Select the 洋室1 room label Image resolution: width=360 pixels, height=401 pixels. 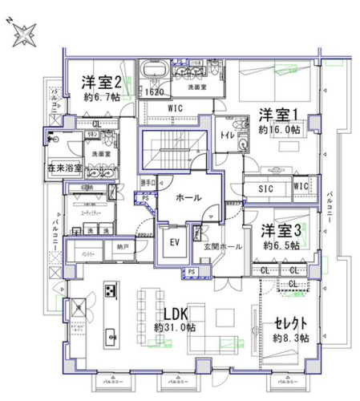tap(277, 114)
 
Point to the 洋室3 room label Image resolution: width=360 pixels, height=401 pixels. tap(281, 230)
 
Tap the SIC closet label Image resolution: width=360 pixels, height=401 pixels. tap(266, 189)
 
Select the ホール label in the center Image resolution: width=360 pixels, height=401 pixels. tap(187, 197)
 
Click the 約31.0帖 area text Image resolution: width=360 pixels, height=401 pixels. tap(175, 328)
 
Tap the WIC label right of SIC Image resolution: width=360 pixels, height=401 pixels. tap(301, 186)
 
